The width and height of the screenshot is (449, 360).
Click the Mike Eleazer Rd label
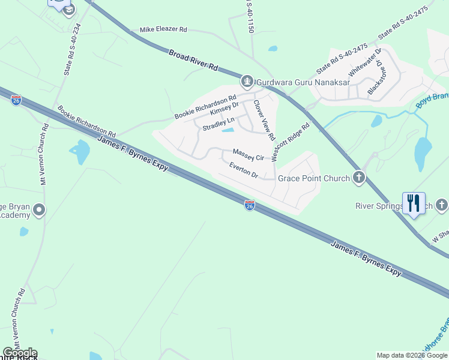[x=163, y=29]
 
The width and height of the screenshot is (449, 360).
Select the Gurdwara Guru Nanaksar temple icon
[x=246, y=81]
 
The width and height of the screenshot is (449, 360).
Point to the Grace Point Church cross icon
[x=359, y=178]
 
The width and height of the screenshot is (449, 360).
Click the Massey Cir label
[x=249, y=155]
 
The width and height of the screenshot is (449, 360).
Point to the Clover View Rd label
[x=264, y=116]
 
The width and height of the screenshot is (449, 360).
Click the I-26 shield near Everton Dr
[x=250, y=205]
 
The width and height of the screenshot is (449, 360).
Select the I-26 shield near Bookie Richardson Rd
[x=16, y=99]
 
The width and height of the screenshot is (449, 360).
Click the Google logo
[x=20, y=353]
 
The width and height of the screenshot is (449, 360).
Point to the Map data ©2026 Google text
[x=412, y=355]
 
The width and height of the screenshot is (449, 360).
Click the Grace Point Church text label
[x=313, y=178]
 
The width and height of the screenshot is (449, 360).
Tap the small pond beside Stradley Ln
[x=228, y=130]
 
